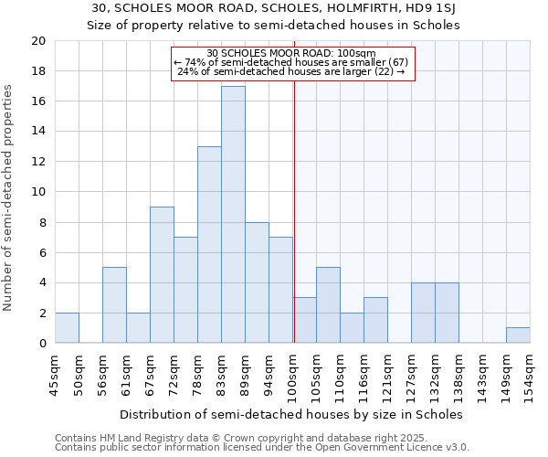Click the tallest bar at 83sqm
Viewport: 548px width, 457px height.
coord(233,215)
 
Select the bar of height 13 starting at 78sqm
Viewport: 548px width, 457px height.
coord(209,245)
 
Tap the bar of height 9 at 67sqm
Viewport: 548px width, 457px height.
coord(162,275)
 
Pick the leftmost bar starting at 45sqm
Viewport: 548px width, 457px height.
coord(67,328)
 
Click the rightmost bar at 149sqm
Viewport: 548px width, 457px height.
coord(518,335)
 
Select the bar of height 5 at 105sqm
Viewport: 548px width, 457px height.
coord(328,305)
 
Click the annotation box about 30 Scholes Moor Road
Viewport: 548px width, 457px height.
coord(293,62)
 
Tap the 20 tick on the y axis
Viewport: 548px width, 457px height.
coord(37,41)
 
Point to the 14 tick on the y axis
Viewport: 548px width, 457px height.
coord(37,132)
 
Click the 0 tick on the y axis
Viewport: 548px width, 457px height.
coord(42,344)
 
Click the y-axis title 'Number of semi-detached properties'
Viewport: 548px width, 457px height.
coord(9,197)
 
